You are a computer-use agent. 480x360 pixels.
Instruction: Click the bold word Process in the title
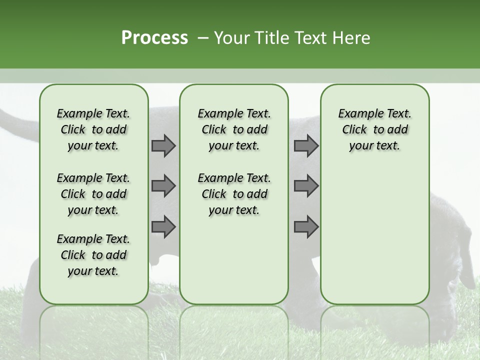154,38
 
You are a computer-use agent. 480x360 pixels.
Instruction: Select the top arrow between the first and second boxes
163,145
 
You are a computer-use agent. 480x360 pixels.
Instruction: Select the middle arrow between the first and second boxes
163,186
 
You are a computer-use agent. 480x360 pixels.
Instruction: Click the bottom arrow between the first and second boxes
163,226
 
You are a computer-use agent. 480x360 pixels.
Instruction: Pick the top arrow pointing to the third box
306,145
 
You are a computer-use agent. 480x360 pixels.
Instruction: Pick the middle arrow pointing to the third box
306,186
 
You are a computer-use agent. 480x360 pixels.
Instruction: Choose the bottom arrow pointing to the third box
306,226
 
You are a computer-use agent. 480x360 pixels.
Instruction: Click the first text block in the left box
93,129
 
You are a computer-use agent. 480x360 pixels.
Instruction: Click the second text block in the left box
93,194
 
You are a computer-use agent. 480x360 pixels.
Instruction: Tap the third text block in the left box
93,255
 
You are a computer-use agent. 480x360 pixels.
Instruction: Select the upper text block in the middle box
234,129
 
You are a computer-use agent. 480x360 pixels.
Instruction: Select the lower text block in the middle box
234,194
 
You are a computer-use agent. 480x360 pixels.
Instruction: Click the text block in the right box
374,129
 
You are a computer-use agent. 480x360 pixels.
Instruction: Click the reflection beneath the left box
94,330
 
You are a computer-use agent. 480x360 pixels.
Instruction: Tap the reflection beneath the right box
374,330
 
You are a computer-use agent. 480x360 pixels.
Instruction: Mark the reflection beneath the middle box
234,330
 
